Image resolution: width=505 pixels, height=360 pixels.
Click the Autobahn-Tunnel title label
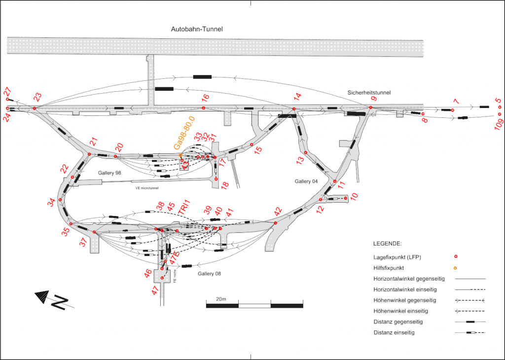coord(197,30)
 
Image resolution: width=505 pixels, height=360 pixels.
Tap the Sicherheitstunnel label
coord(369,92)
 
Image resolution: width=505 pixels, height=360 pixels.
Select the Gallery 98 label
coord(109,173)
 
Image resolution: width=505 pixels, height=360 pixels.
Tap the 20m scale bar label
coord(220,299)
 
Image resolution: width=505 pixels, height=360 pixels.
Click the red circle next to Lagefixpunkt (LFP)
coord(456,256)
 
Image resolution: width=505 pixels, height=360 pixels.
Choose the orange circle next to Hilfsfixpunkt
coord(456,268)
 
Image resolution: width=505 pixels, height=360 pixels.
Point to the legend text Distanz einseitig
coord(394,333)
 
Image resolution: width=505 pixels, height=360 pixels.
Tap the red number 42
coord(279,211)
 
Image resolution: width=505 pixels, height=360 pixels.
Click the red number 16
coord(206,97)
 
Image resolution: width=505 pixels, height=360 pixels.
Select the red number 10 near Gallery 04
coord(354,196)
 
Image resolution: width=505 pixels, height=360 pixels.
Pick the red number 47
coord(156,289)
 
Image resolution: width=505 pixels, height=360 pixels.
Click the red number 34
coord(52,202)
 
